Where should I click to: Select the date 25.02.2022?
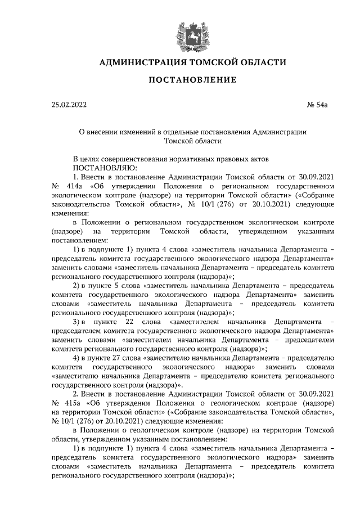(69, 105)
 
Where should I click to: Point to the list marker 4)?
(79, 357)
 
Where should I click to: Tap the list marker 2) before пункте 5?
(79, 285)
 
